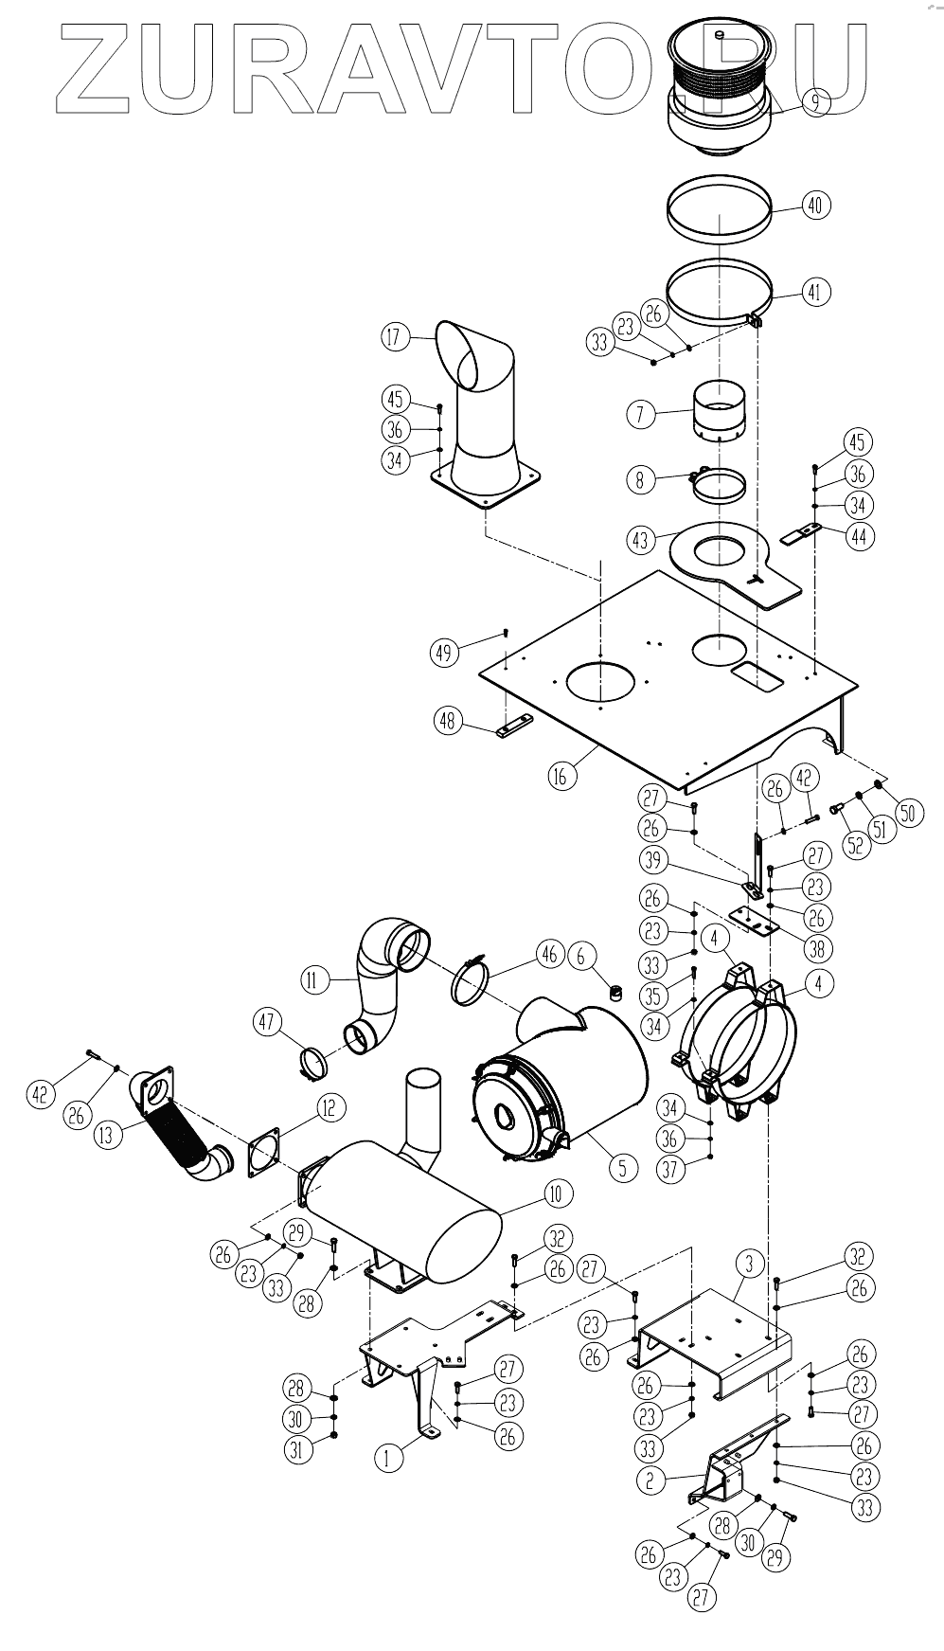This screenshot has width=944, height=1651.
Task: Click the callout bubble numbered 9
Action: coord(815,101)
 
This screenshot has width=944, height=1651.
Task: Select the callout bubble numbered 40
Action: coord(816,205)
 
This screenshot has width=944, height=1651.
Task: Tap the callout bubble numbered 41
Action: coord(816,292)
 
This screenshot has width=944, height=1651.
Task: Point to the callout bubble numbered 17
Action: coord(396,336)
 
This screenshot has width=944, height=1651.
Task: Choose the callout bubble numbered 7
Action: coord(641,414)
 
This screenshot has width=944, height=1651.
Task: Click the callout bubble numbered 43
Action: coord(641,538)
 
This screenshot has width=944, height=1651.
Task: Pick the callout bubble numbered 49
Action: coord(445,651)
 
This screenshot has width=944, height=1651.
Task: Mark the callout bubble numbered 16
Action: coord(561,776)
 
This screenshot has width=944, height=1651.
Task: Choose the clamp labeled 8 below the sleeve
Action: coord(717,486)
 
